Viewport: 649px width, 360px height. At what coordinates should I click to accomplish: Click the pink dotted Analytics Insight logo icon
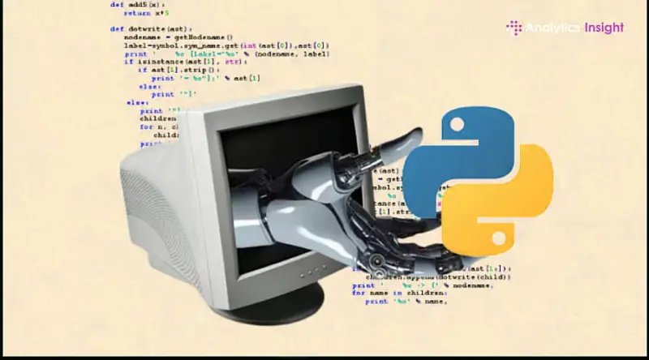point(514,28)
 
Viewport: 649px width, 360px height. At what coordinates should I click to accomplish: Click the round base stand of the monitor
point(268,302)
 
